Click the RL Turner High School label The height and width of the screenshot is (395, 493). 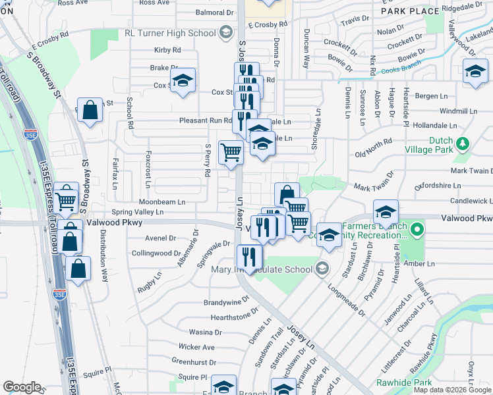[x=170, y=33]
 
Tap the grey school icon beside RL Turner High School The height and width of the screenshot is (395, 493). [x=225, y=32]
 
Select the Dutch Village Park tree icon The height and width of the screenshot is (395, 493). [x=463, y=143]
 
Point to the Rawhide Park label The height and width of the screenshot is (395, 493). [x=404, y=382]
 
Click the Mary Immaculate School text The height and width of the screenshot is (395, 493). [x=262, y=269]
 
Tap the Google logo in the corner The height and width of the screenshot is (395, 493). [x=22, y=387]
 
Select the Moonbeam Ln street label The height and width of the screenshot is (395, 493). [x=161, y=201]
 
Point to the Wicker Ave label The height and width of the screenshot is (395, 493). [x=196, y=347]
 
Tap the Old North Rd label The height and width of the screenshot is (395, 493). [x=373, y=147]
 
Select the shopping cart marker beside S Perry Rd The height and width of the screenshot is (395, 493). [x=231, y=153]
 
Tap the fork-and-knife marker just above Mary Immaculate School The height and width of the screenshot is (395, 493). [x=248, y=254]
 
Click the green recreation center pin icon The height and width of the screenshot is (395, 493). [x=417, y=230]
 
